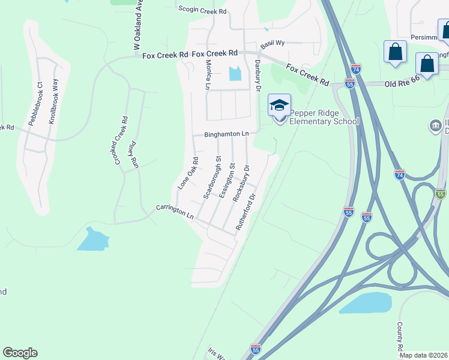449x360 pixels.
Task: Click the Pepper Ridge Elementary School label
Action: click(x=324, y=117)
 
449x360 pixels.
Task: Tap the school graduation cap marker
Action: click(x=279, y=106)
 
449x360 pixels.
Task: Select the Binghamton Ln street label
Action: click(x=226, y=134)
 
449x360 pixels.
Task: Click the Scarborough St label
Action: click(x=212, y=178)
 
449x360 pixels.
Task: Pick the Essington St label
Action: click(x=226, y=179)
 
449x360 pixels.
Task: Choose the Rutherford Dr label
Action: click(x=246, y=212)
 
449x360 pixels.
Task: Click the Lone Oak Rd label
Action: click(x=188, y=173)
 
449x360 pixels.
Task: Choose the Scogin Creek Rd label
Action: click(x=203, y=11)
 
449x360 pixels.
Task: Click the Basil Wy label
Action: click(x=273, y=44)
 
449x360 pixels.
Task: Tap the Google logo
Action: click(x=20, y=353)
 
